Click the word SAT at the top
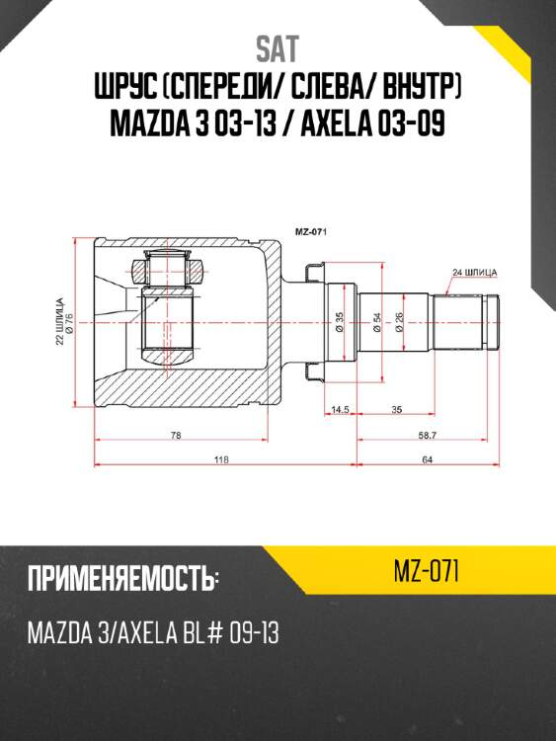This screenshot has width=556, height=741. pyautogui.click(x=278, y=48)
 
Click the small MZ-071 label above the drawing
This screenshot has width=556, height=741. pyautogui.click(x=312, y=232)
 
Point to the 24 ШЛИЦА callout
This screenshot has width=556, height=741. pyautogui.click(x=473, y=271)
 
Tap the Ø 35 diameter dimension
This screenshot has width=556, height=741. pyautogui.click(x=339, y=322)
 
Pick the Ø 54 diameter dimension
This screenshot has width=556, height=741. pyautogui.click(x=377, y=322)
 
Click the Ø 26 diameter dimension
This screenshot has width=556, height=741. pyautogui.click(x=399, y=322)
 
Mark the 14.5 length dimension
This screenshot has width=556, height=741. pyautogui.click(x=341, y=408)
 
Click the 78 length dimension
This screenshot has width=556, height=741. pyautogui.click(x=176, y=436)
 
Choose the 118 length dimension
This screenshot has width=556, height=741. pyautogui.click(x=222, y=459)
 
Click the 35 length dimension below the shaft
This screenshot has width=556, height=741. pyautogui.click(x=395, y=408)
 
